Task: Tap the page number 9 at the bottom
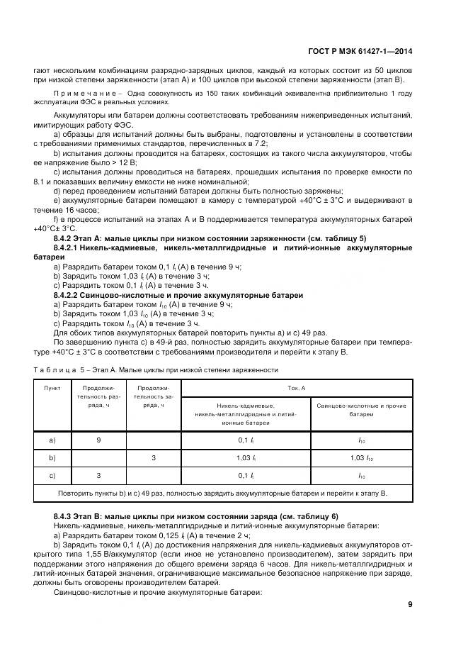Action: click(x=410, y=604)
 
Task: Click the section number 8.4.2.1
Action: click(x=70, y=247)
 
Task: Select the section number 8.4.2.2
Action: click(x=70, y=294)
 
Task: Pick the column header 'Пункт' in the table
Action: click(x=52, y=389)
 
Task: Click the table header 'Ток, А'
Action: click(x=297, y=389)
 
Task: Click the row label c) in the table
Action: click(x=52, y=475)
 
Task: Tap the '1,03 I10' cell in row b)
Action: click(x=360, y=458)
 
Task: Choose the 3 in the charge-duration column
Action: click(x=154, y=458)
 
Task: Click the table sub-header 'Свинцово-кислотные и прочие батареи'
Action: click(x=360, y=409)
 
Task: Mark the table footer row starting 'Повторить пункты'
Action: click(x=222, y=493)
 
